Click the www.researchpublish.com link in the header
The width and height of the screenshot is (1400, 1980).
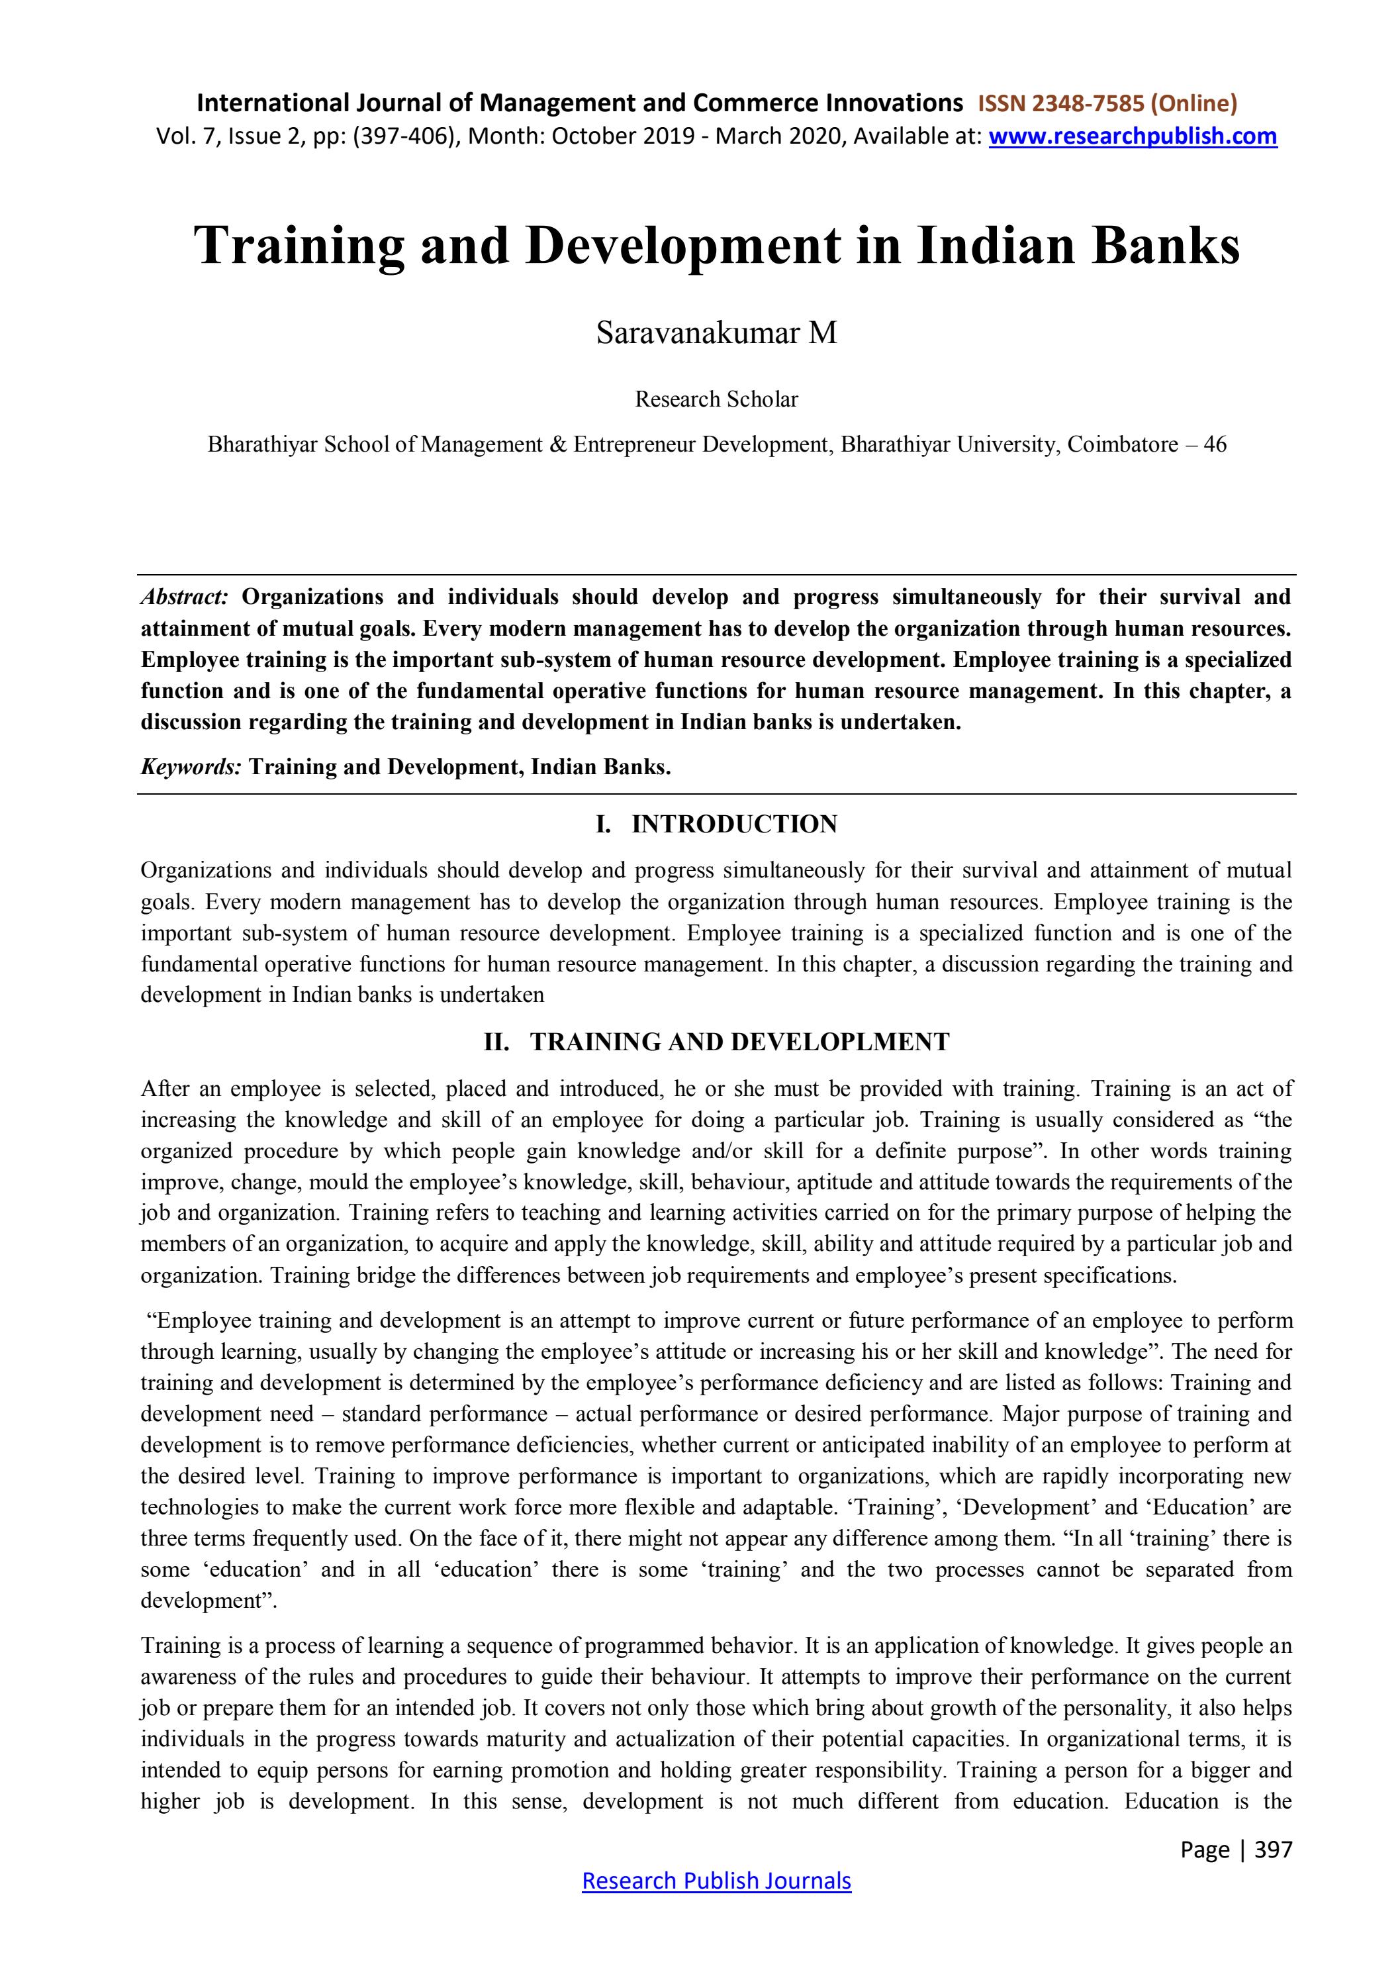click(x=1132, y=136)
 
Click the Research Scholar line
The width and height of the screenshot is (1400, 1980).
click(x=716, y=399)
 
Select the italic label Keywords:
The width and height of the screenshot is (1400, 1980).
click(x=191, y=767)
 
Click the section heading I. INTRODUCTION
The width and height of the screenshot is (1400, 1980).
click(x=716, y=824)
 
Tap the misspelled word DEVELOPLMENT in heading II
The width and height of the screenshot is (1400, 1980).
click(x=841, y=1042)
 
